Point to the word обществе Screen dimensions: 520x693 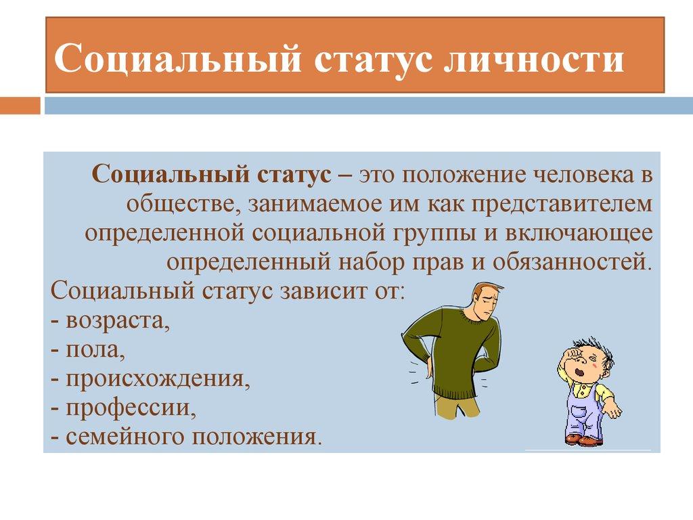[x=178, y=202]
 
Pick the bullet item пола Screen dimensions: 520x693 [x=95, y=348]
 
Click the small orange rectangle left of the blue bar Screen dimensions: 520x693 [x=20, y=106]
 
